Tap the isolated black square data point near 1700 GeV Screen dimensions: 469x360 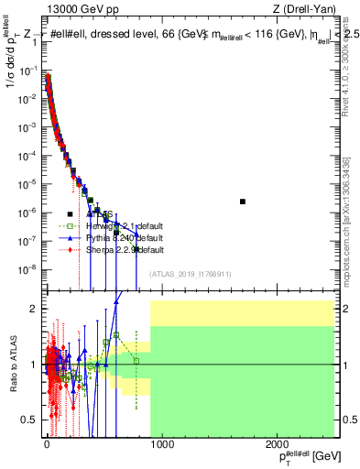pos(243,202)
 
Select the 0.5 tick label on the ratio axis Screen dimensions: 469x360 pos(28,420)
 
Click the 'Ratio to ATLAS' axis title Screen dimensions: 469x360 pos(14,365)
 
